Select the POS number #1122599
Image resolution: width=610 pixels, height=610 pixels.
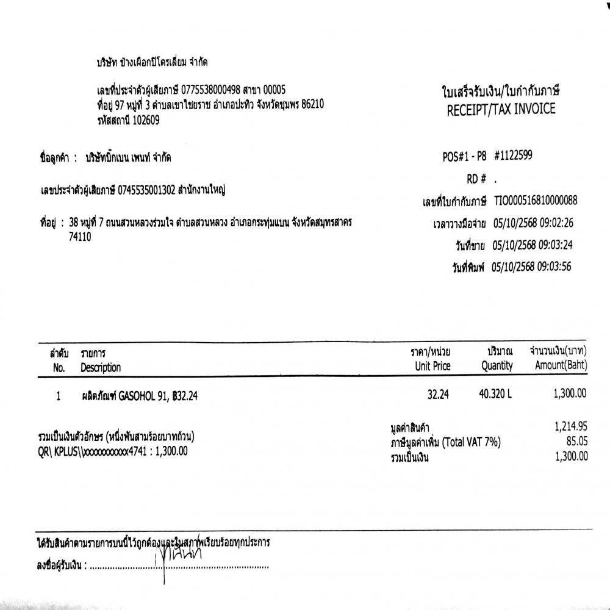[x=513, y=156]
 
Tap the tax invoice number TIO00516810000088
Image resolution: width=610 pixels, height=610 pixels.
[x=535, y=201]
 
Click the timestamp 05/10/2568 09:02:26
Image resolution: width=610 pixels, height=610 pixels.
[x=533, y=224]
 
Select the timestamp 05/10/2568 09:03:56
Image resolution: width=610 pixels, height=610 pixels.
[x=532, y=267]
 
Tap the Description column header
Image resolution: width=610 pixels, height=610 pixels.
[x=101, y=367]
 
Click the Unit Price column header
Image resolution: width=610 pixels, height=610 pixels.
[x=432, y=366]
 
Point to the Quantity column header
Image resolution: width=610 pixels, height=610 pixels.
[x=497, y=366]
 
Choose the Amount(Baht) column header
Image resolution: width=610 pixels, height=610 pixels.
[x=561, y=366]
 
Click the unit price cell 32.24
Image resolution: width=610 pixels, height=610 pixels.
[x=438, y=395]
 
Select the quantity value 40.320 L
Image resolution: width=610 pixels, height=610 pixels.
[x=496, y=395]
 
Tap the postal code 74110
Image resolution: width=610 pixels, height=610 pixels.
[x=81, y=237]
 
